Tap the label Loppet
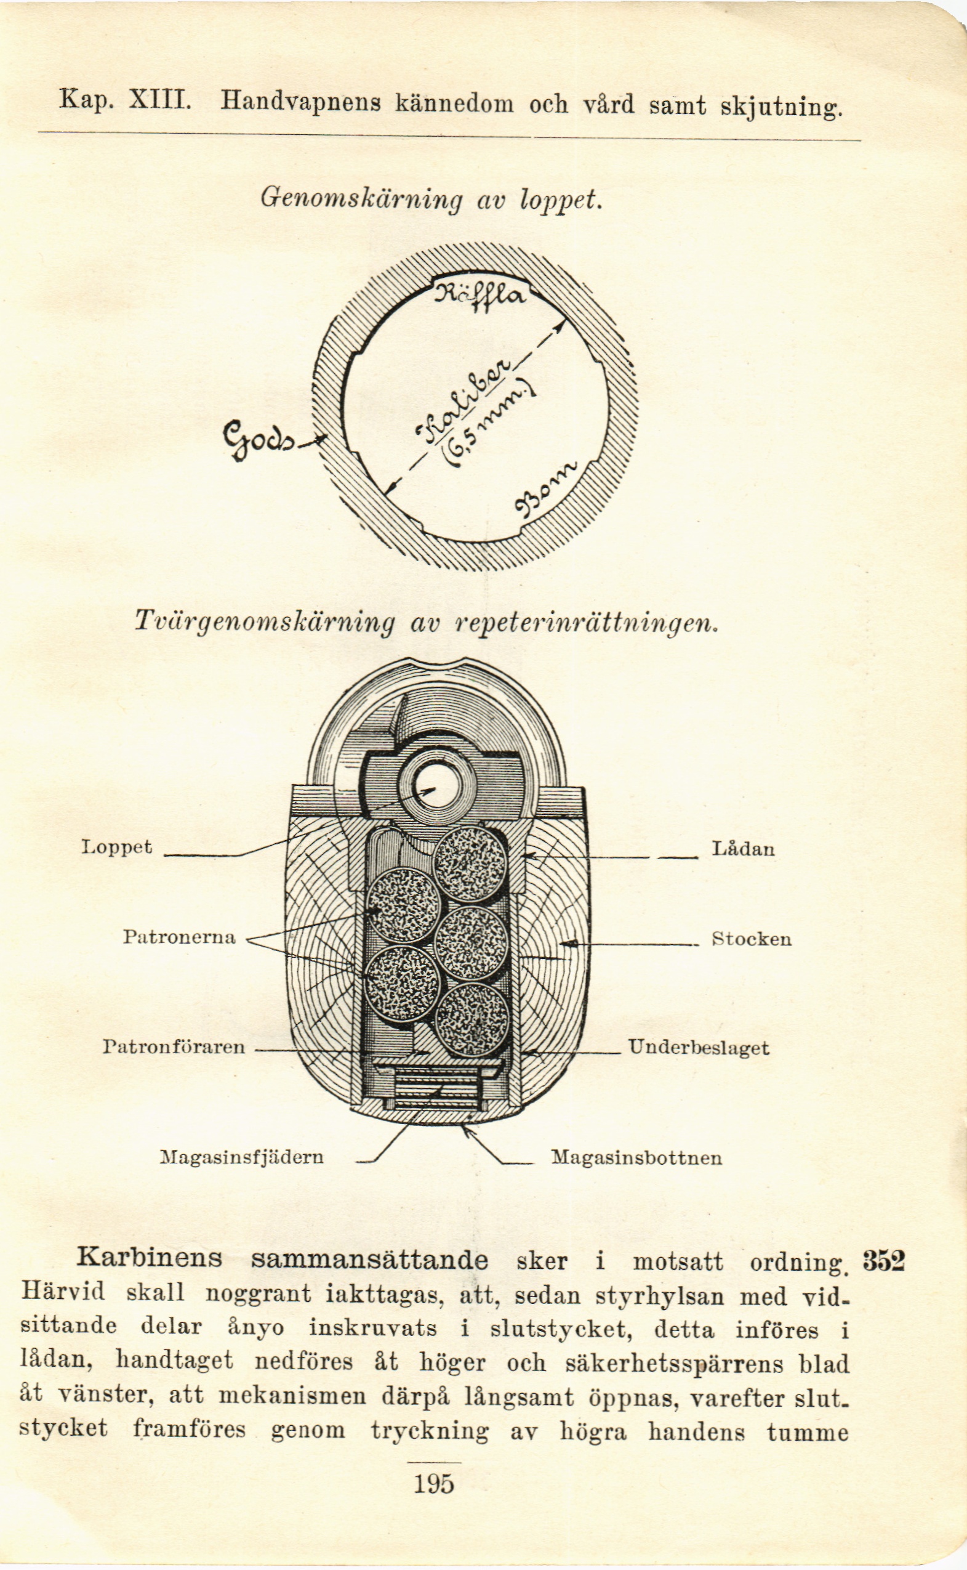click(117, 848)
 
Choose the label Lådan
click(743, 849)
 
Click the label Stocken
click(752, 939)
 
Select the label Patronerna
click(179, 937)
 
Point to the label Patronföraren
click(174, 1046)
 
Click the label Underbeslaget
click(699, 1047)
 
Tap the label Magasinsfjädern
click(242, 1157)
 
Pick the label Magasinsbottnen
click(637, 1157)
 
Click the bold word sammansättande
click(370, 1260)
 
